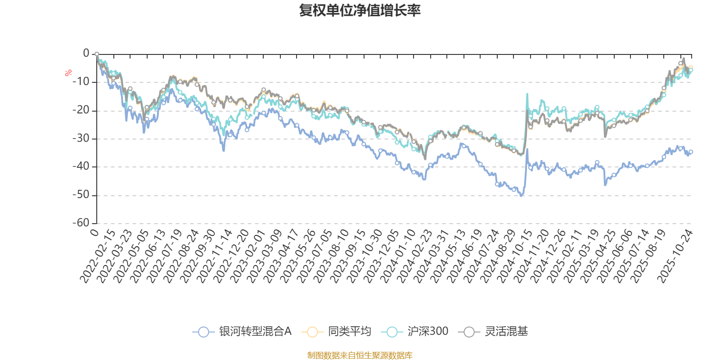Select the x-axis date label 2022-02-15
tap(98, 256)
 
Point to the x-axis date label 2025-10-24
tap(675, 256)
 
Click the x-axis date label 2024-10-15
tap(515, 256)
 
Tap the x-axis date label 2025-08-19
tap(648, 256)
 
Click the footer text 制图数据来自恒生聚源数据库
tap(360, 355)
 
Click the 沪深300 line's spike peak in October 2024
tap(527, 94)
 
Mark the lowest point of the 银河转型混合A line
tap(521, 196)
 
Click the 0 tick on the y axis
tap(86, 54)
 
